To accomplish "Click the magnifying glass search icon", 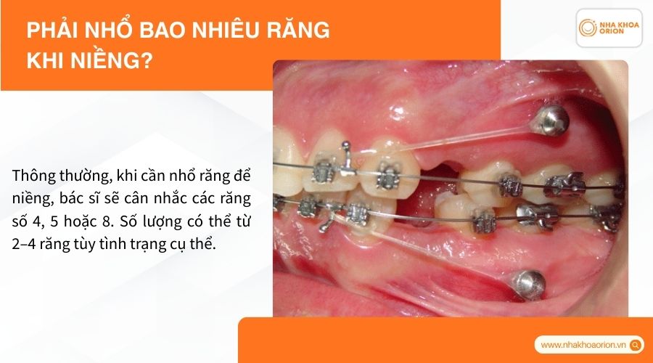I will pyautogui.click(x=636, y=345).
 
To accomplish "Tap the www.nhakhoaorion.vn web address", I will pyautogui.click(x=584, y=345).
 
